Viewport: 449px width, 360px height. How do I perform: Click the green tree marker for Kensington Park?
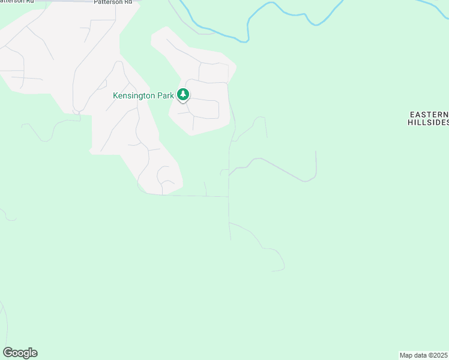[183, 95]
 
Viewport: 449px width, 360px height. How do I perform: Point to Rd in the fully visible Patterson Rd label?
[127, 2]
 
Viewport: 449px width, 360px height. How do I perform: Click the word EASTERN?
[429, 114]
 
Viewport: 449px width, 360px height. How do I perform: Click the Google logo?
[20, 353]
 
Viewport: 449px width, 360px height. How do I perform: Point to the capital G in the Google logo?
[7, 353]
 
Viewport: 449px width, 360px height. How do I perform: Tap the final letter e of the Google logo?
[34, 353]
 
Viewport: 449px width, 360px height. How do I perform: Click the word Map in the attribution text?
[406, 355]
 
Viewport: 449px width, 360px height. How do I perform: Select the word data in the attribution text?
[420, 355]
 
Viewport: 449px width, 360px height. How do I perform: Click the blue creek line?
[282, 11]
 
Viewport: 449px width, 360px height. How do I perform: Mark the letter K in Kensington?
[116, 95]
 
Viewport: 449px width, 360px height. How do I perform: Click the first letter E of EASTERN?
[412, 114]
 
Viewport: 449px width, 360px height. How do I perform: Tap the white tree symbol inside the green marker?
[183, 94]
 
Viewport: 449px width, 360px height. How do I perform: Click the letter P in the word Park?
[158, 95]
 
